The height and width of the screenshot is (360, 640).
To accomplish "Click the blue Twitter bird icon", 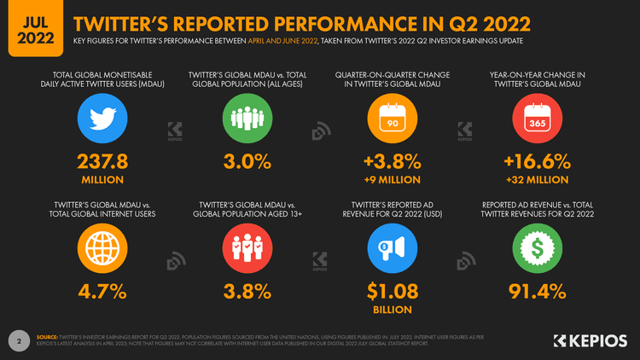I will coord(102,118).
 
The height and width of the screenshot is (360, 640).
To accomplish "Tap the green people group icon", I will coord(247,118).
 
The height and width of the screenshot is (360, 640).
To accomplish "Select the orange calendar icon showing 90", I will coord(393,118).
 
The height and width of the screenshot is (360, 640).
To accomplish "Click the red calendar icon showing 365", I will coord(537,118).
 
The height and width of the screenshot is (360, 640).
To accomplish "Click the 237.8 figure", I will coord(102,162).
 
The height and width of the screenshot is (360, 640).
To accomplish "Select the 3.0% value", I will coord(247,162).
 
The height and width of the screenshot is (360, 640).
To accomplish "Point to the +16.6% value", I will coord(537,162).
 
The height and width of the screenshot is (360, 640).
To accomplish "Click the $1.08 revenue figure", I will coord(393,291).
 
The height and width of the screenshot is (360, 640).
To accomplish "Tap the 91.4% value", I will coord(537,291).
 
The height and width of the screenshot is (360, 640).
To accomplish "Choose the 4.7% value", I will coord(102,291).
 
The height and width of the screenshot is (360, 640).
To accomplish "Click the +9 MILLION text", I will coord(393,180).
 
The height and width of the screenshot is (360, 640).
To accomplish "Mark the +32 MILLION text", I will coord(537,180).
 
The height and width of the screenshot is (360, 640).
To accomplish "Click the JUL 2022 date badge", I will coord(31,28).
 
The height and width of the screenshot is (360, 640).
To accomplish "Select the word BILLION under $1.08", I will coord(393,310).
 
